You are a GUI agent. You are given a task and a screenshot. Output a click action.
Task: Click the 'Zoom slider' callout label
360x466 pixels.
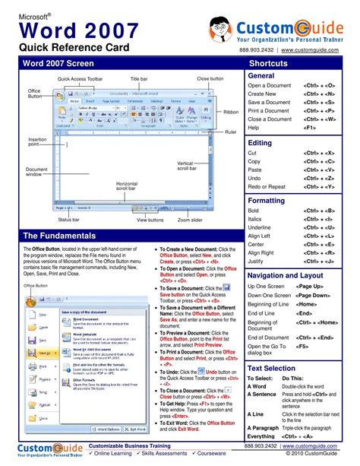click(191, 220)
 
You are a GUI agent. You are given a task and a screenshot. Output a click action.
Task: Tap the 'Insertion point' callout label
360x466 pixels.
click(37, 142)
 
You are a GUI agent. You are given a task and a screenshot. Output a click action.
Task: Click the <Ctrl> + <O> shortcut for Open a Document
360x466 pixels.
click(320, 86)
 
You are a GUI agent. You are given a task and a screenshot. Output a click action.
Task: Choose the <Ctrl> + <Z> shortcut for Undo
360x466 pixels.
click(320, 177)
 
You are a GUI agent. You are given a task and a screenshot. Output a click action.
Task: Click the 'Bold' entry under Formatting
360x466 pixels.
click(254, 211)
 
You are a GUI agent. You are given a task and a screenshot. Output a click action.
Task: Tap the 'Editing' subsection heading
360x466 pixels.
click(260, 143)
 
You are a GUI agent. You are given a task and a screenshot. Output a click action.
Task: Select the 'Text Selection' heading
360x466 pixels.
click(271, 368)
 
